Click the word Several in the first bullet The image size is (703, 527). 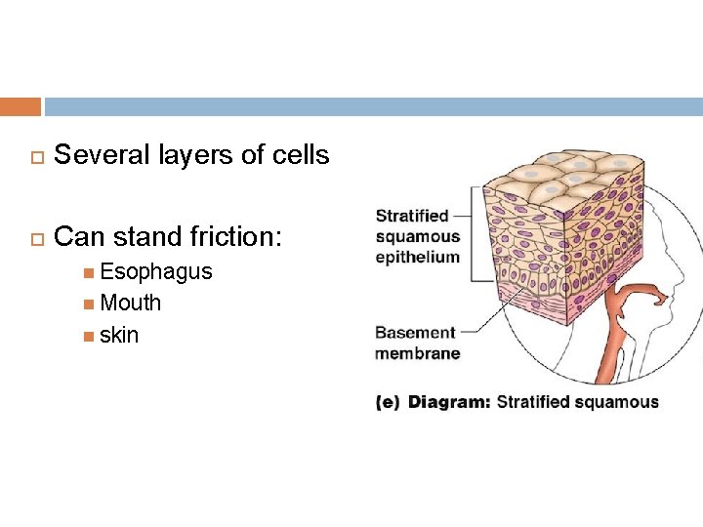pos(99,154)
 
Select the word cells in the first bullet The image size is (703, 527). pos(300,154)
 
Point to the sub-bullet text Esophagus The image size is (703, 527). pos(155,271)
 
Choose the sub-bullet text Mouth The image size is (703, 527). pos(130,303)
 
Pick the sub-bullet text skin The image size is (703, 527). pos(118,335)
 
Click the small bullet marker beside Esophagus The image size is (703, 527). pos(89,272)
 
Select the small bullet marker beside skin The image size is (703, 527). pos(89,336)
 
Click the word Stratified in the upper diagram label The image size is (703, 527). pos(412,216)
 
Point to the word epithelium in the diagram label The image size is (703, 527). pos(417,257)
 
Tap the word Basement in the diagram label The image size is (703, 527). pos(415,333)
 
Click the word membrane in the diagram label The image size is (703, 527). pos(417,353)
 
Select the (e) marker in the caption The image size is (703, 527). pos(388,402)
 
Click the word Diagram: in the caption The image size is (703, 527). pos(449,402)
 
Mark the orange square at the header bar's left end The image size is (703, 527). pos(21,106)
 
